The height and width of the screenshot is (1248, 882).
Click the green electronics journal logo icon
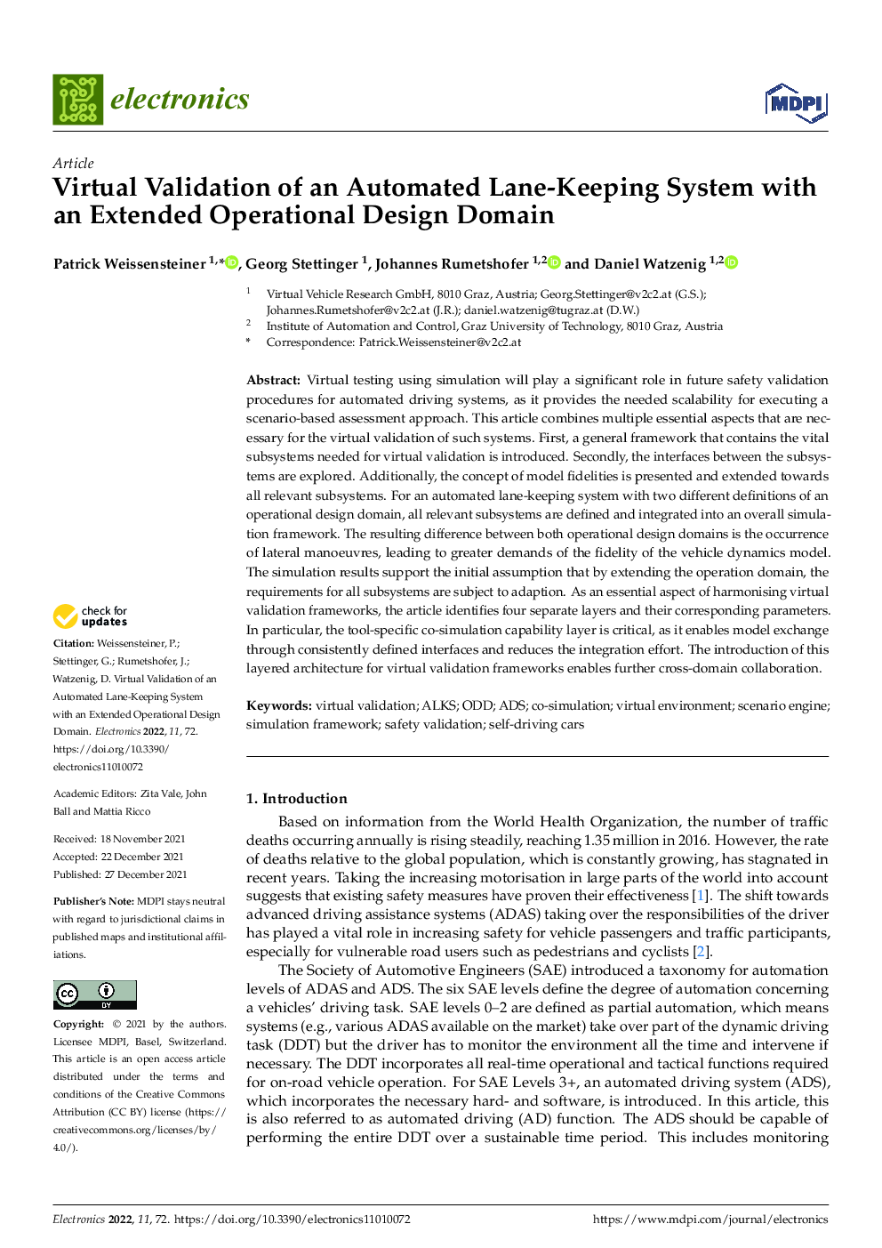[x=77, y=99]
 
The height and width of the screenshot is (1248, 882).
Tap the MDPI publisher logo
[x=796, y=104]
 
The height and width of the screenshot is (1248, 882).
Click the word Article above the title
[x=73, y=163]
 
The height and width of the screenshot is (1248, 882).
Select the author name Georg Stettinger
[x=301, y=263]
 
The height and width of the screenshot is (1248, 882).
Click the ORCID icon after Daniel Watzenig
[x=732, y=262]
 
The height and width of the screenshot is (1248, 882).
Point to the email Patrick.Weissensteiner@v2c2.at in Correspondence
[x=440, y=342]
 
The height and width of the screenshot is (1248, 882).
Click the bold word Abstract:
[x=273, y=380]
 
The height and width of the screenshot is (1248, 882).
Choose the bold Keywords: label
[x=278, y=705]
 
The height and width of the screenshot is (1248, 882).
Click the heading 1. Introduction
[x=296, y=798]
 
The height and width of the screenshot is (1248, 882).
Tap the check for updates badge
[x=90, y=616]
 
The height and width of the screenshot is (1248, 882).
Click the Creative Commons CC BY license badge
[x=95, y=994]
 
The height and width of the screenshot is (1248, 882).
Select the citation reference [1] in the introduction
[x=701, y=896]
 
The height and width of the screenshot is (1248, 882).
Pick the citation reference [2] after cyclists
[x=702, y=952]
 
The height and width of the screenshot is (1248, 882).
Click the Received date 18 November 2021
[x=142, y=839]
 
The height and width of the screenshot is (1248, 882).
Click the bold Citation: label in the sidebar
[x=73, y=643]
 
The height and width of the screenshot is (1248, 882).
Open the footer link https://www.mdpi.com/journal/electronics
[x=710, y=1220]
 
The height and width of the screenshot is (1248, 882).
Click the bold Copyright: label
[x=78, y=1024]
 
